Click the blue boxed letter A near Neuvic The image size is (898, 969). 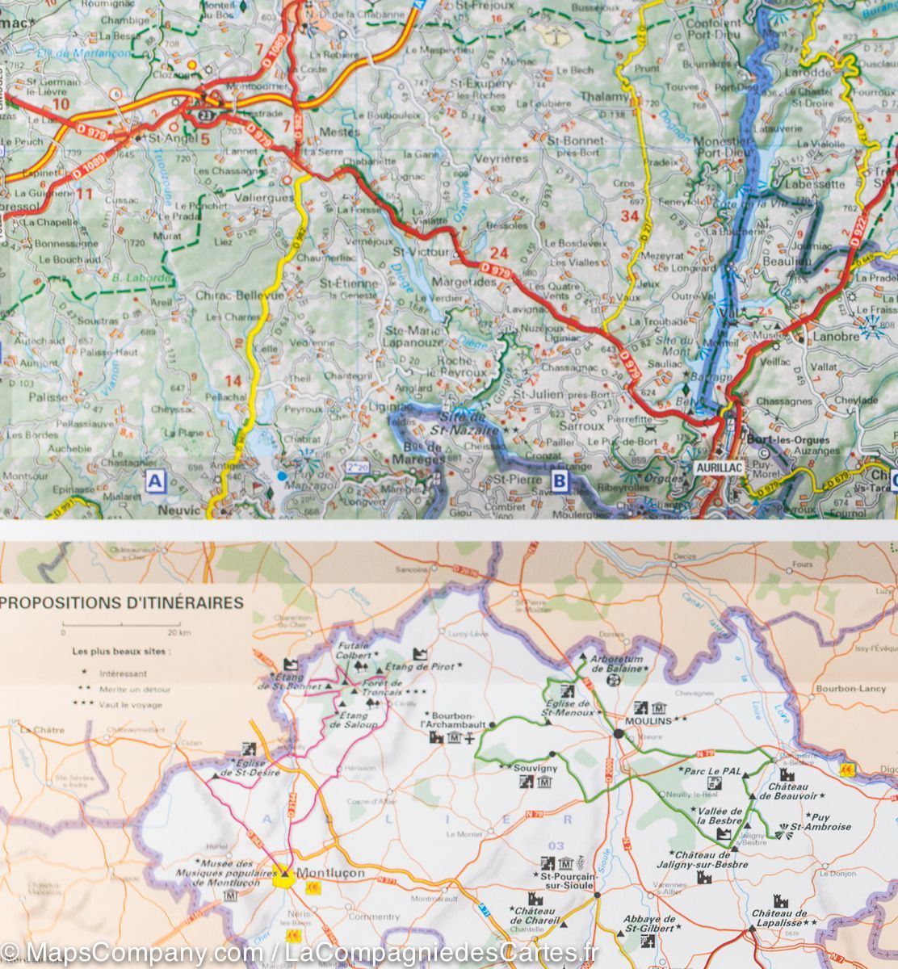point(154,483)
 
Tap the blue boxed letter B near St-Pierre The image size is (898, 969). point(559,483)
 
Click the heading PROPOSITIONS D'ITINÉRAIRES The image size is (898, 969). point(124,602)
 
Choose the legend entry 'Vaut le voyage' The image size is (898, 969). point(130,705)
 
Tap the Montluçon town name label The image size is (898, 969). point(330,873)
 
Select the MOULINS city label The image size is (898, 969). point(649,720)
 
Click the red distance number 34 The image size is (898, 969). point(630,216)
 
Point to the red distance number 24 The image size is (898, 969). point(499,254)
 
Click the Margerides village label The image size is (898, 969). point(464,283)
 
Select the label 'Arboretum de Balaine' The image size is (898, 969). point(618,664)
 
